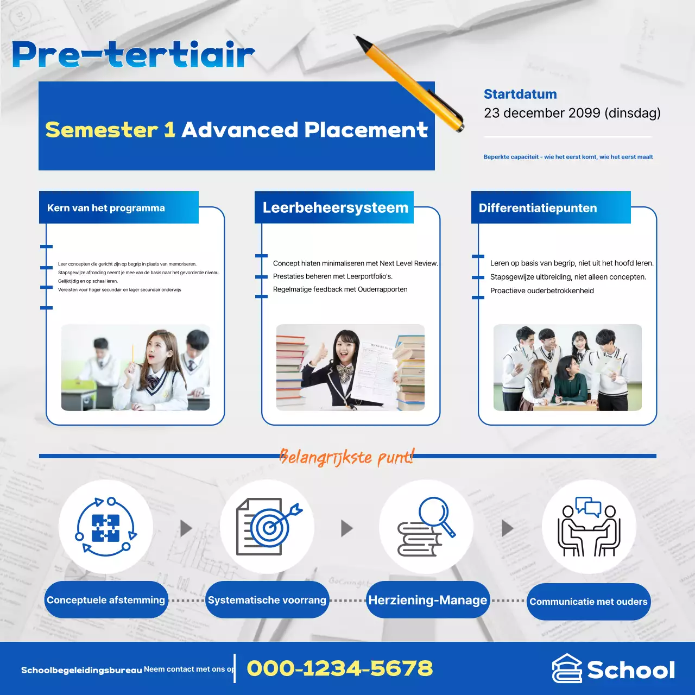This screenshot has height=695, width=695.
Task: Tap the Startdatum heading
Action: pyautogui.click(x=520, y=94)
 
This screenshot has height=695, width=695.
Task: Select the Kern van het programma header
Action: pyautogui.click(x=106, y=208)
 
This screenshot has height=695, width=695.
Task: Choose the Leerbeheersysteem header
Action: pyautogui.click(x=335, y=207)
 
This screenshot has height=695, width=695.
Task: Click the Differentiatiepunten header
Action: pyautogui.click(x=538, y=208)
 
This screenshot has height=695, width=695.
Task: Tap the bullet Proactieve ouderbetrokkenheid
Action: pyautogui.click(x=542, y=290)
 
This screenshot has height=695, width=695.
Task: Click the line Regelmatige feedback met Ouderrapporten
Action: pyautogui.click(x=340, y=289)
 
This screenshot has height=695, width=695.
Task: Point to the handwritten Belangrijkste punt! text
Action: pyautogui.click(x=346, y=457)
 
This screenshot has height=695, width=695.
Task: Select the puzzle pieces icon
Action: pyautogui.click(x=106, y=527)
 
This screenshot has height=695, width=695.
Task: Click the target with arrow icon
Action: pyautogui.click(x=268, y=527)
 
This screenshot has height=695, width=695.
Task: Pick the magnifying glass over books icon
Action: pyautogui.click(x=426, y=527)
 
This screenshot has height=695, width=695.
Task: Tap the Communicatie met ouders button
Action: pyautogui.click(x=589, y=602)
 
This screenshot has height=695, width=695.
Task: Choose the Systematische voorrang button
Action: pyautogui.click(x=267, y=600)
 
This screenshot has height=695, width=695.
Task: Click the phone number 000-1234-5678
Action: pyautogui.click(x=340, y=668)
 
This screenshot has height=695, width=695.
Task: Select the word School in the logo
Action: pyautogui.click(x=631, y=671)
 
